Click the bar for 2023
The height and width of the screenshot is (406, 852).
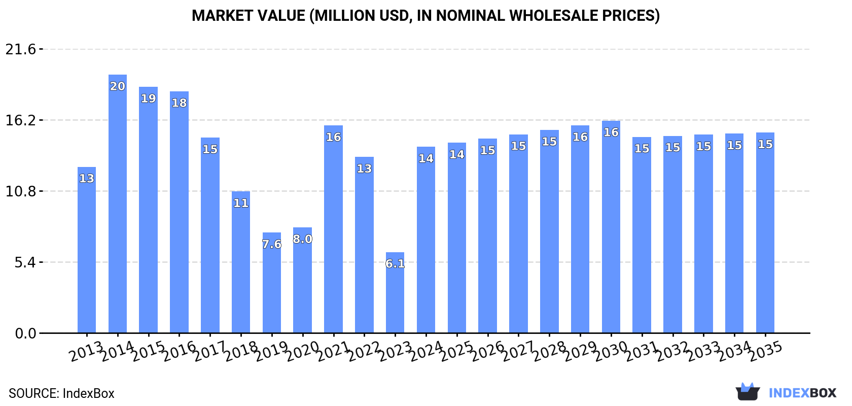coord(395,293)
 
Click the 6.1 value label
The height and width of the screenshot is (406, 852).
coord(395,263)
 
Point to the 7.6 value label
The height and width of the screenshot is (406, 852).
coord(272,244)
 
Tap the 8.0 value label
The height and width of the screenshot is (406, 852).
coord(303,239)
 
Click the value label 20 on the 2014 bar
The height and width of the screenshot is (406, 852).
coord(118,86)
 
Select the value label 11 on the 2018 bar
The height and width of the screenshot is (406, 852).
coord(241,203)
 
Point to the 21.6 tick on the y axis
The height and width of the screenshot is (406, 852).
coord(21,49)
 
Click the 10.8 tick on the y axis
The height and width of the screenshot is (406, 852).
coord(21,191)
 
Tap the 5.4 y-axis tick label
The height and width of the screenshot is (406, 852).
coord(25,262)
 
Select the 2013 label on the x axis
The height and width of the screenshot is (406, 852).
coord(86,351)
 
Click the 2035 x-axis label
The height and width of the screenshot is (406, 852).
coord(765,351)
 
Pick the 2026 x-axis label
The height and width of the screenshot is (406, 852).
coord(487,351)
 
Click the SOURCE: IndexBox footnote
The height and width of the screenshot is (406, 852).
coord(61,393)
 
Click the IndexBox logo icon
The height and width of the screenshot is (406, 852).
coord(748,392)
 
